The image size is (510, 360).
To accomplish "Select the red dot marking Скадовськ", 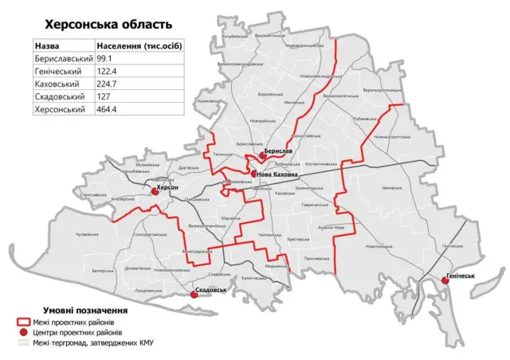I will point(194,295).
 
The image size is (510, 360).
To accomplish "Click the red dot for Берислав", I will point(262,156).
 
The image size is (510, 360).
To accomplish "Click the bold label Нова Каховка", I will point(279,174).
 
